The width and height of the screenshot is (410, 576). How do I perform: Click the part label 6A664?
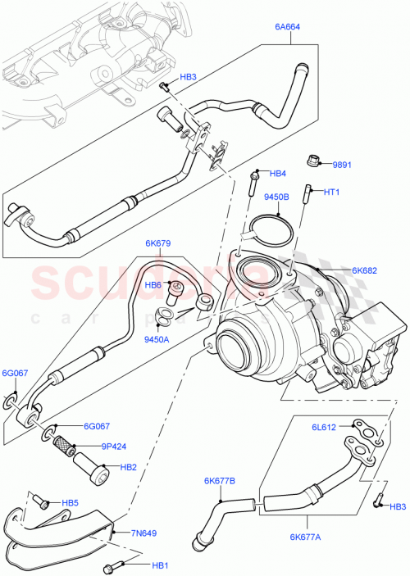click(289, 26)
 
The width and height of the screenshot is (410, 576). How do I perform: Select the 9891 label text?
click(342, 165)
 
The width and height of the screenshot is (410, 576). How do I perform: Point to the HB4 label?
click(278, 174)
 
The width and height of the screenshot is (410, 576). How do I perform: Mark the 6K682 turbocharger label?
click(365, 270)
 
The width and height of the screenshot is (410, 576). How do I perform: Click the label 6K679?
click(158, 243)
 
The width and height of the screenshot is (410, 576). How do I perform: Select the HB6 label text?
click(153, 284)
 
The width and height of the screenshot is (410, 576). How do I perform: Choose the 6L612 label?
click(322, 426)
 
